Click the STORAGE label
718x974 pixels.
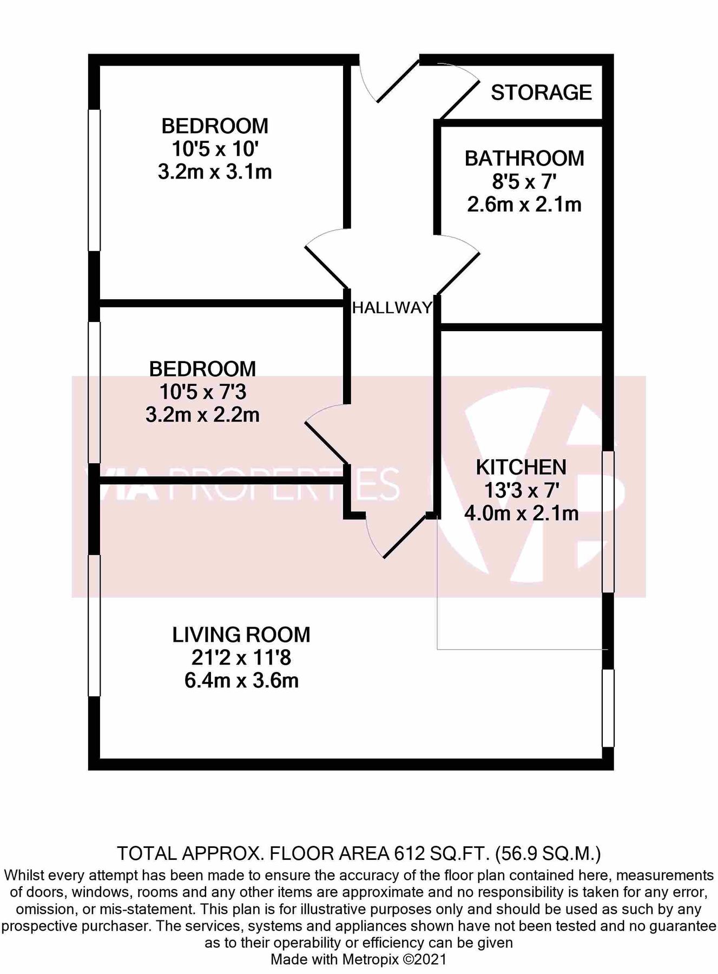click(x=541, y=93)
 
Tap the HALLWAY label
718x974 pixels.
click(x=392, y=308)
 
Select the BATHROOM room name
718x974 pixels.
click(x=524, y=159)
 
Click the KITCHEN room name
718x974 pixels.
click(x=521, y=467)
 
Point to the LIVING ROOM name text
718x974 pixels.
click(x=241, y=635)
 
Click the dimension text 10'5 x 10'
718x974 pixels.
click(x=214, y=149)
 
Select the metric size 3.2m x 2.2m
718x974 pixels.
click(x=202, y=415)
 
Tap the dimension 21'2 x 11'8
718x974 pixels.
click(x=241, y=658)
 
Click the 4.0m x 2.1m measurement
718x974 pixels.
click(x=521, y=513)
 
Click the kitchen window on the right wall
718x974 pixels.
click(x=608, y=522)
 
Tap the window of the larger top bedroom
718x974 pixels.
click(x=95, y=180)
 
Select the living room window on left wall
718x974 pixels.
click(x=95, y=626)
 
